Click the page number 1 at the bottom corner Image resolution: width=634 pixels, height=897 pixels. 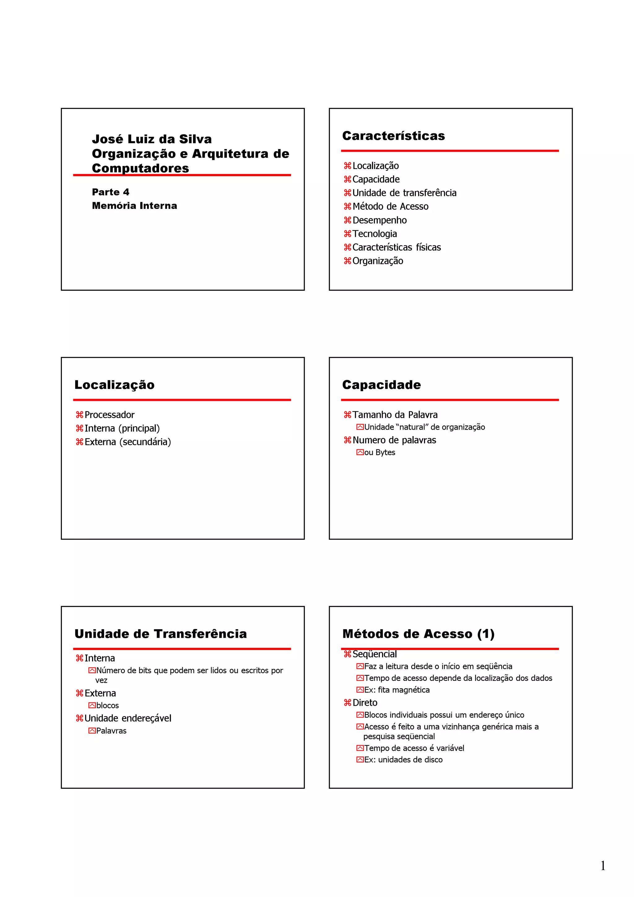603,866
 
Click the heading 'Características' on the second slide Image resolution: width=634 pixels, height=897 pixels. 393,136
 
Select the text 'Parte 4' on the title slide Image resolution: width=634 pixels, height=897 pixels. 111,192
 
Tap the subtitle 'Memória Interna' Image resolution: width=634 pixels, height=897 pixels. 134,206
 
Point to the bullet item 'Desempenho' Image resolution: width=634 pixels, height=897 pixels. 379,220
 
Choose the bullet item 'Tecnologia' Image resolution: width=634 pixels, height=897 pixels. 374,234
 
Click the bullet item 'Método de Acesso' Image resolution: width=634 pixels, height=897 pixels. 390,207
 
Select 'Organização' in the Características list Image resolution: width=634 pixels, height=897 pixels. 377,261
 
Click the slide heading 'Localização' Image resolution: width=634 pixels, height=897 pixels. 115,385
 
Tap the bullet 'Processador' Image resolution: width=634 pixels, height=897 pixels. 109,415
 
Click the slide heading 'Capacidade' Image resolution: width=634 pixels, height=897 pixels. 381,385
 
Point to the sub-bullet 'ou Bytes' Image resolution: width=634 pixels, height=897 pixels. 379,453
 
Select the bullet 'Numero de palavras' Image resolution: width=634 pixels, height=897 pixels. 394,440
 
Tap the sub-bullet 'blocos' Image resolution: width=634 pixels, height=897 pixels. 107,706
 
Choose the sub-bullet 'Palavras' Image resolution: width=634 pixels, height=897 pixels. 111,731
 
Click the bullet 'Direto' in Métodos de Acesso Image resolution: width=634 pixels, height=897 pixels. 365,703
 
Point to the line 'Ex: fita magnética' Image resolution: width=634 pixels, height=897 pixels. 397,690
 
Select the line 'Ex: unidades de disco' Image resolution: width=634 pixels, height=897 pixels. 403,760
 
